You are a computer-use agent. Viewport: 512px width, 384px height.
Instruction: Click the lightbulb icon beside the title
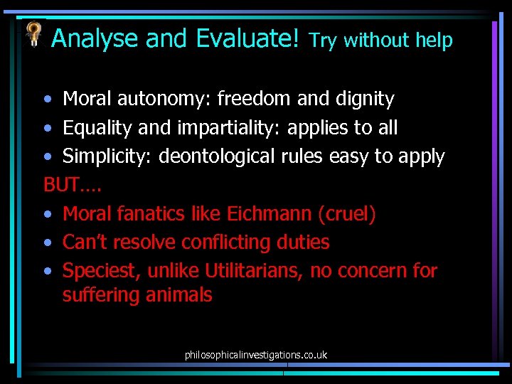(x=33, y=33)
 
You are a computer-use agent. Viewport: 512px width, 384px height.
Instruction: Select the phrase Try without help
(x=381, y=41)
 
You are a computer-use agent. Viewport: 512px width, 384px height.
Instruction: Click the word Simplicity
(x=107, y=156)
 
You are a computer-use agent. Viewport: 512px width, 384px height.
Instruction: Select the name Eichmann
(x=270, y=213)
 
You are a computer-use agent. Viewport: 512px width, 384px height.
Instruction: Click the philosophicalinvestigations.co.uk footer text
(x=256, y=354)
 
